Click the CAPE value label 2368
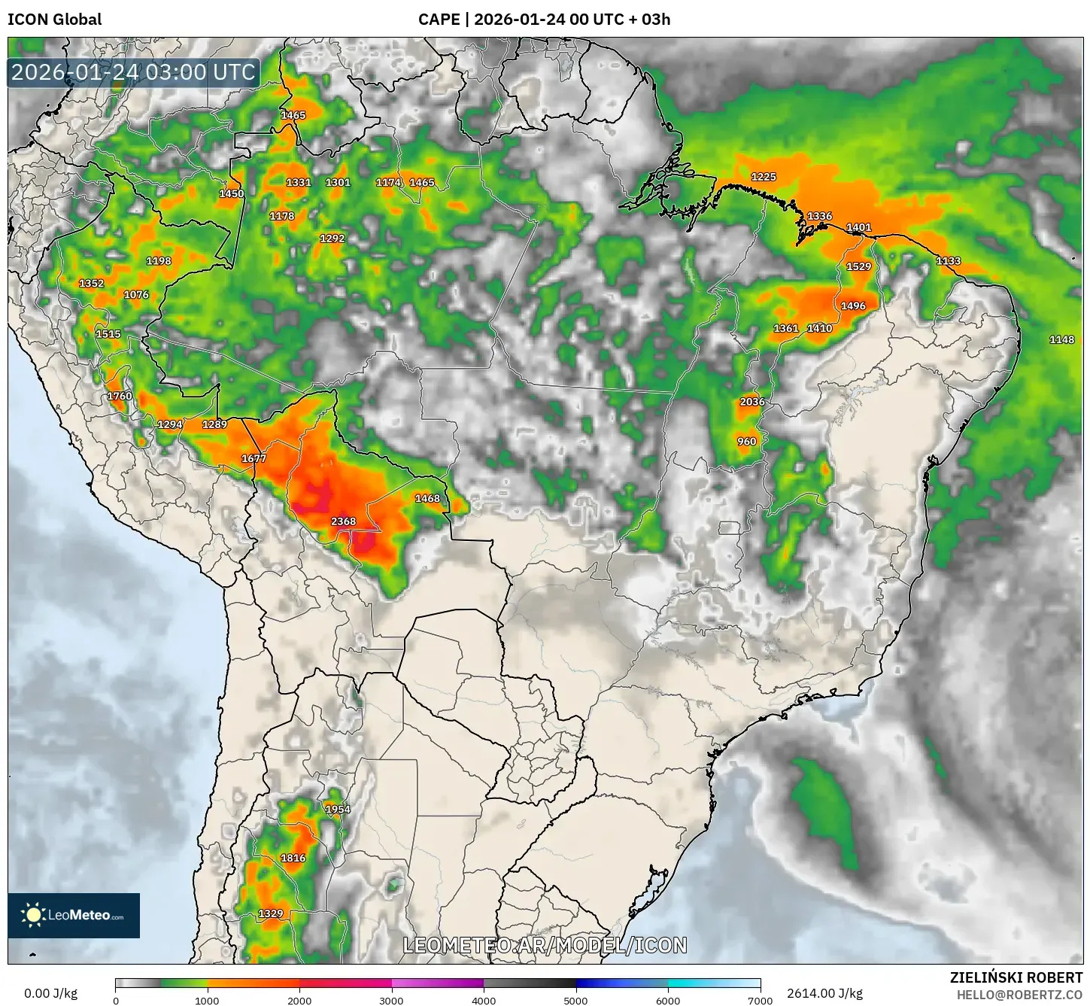pos(343,521)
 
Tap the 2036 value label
pos(752,402)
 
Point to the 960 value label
pos(747,442)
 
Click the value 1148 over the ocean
pos(1061,340)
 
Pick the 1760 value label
pos(120,397)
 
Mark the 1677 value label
pos(254,459)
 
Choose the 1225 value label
pos(764,177)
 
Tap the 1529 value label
pos(858,266)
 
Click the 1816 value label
pos(293,859)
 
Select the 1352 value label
pos(92,284)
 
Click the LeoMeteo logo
pos(74,916)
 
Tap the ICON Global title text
pos(54,20)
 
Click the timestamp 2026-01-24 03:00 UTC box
pos(133,72)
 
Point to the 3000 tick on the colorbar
pos(392,1000)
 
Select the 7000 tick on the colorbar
pos(760,1000)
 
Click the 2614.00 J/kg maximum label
pos(824,993)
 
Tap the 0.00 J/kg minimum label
pos(51,993)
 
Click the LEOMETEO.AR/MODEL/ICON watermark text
pos(545,946)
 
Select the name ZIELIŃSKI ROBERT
pos(1016,977)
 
